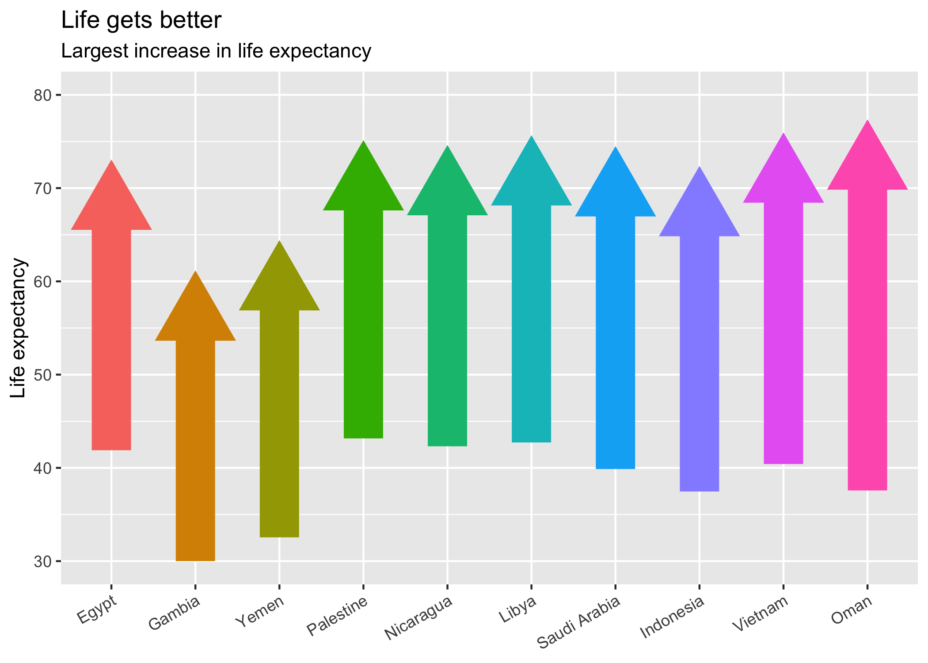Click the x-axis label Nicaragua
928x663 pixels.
click(419, 618)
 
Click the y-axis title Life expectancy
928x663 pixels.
click(19, 328)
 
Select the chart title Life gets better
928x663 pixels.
click(141, 20)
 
